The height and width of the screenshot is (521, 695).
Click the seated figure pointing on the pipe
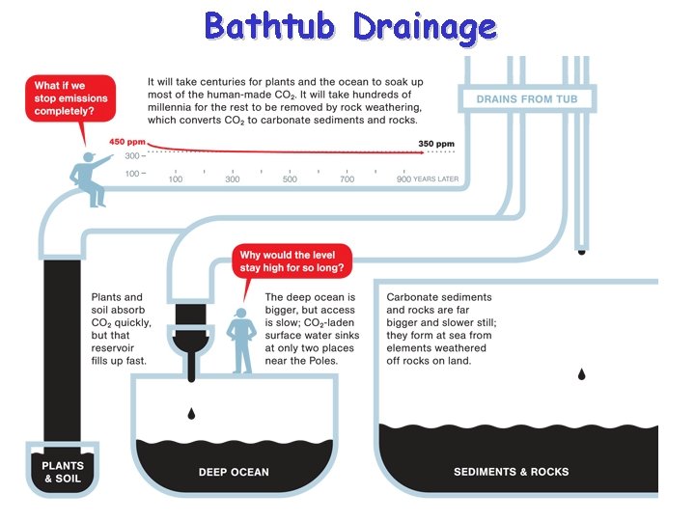point(92,177)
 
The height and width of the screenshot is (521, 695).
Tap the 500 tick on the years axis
point(290,179)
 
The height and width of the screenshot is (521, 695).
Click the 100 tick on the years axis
point(176,179)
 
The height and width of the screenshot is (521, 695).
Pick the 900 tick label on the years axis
point(403,179)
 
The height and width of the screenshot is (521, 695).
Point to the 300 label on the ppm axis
point(134,154)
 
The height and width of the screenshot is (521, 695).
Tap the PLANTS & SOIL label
point(62,471)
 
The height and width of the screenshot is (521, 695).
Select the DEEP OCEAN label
point(234,472)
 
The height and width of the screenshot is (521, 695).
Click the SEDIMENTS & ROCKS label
point(511,472)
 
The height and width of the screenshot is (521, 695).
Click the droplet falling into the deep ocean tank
point(191,413)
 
